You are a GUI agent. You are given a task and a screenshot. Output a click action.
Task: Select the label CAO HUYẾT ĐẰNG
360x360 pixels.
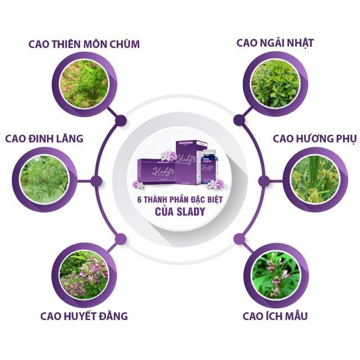[x=84, y=316]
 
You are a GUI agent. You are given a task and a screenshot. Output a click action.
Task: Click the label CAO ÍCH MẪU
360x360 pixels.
[x=275, y=316]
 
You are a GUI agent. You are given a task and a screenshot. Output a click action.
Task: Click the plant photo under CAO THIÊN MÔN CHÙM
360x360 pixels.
[x=84, y=84]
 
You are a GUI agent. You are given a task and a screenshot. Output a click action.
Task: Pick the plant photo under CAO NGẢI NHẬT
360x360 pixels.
[x=275, y=84]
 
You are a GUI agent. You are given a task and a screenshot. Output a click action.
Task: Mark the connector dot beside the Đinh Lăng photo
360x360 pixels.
[x=96, y=181]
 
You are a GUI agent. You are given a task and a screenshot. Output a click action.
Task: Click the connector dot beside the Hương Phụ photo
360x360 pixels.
[x=263, y=181]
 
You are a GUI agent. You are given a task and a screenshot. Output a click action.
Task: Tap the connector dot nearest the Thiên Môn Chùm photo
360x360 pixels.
[x=120, y=120]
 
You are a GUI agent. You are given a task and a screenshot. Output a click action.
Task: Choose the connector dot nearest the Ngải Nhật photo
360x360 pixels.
[x=239, y=120]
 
